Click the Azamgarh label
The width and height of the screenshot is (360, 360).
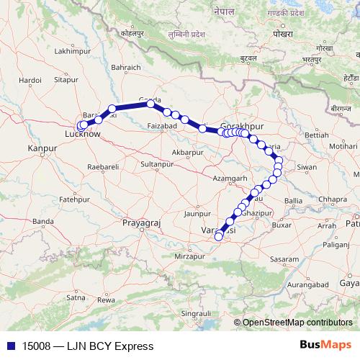pyautogui.click(x=230, y=177)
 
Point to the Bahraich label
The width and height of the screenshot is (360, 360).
pyautogui.click(x=120, y=68)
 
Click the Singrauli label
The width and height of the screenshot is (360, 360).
pyautogui.click(x=195, y=314)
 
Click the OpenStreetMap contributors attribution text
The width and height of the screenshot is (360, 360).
pyautogui.click(x=299, y=323)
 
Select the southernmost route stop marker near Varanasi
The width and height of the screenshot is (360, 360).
pyautogui.click(x=219, y=236)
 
